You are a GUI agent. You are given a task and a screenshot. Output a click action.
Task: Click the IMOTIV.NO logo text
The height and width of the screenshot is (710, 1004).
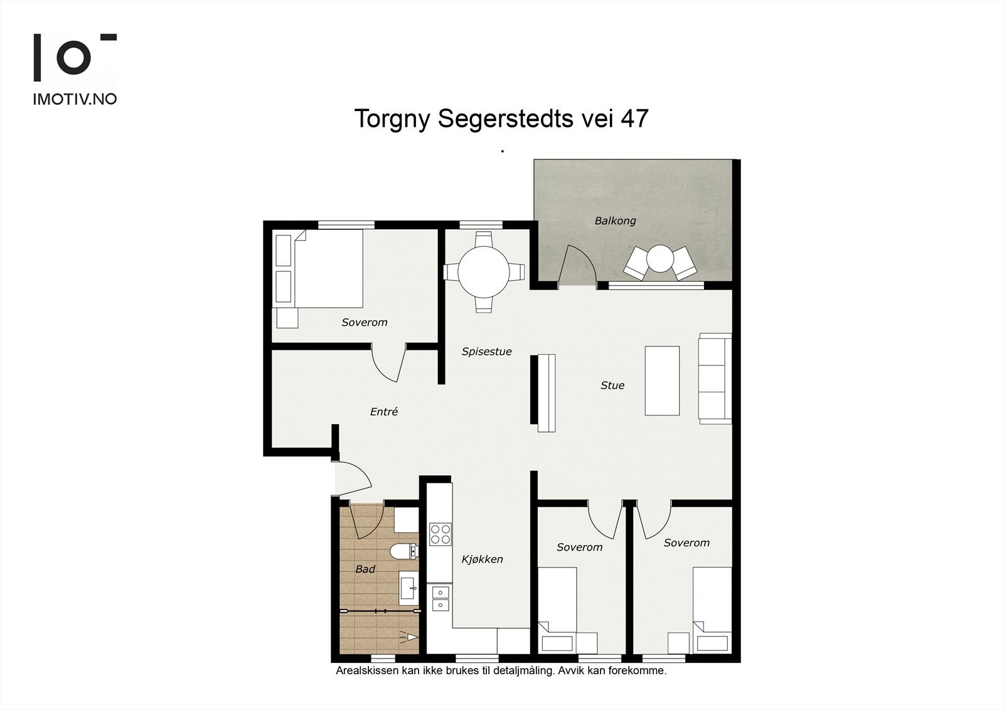tap(75, 99)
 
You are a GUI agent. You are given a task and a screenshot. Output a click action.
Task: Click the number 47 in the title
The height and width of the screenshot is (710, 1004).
tap(634, 119)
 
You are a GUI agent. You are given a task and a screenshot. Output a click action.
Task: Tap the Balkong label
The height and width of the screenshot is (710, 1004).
tap(615, 221)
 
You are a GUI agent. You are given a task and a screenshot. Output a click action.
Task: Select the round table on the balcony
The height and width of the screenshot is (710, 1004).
tap(660, 259)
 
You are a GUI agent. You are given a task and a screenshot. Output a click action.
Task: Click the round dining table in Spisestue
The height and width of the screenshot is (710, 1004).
tap(484, 272)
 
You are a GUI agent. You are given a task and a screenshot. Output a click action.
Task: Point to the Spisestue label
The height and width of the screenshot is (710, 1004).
tap(486, 352)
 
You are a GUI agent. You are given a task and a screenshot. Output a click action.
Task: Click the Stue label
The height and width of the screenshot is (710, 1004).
tap(612, 385)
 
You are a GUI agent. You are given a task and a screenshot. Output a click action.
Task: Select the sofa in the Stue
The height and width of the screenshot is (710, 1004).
tap(715, 378)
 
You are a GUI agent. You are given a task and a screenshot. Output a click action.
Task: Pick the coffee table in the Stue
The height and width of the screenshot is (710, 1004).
tap(662, 381)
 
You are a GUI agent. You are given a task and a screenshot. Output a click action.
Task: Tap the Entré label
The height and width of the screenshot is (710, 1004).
tap(383, 412)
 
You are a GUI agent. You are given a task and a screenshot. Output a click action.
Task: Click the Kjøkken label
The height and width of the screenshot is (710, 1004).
tap(483, 559)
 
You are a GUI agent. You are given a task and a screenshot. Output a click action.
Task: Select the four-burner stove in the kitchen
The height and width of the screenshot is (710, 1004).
tap(440, 534)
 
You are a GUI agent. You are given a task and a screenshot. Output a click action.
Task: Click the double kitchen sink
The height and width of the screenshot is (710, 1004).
tap(440, 599)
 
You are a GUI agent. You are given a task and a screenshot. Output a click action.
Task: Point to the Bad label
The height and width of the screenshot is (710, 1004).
tap(365, 569)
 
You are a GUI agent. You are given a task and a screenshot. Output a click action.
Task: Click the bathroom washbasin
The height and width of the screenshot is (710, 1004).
tap(409, 588)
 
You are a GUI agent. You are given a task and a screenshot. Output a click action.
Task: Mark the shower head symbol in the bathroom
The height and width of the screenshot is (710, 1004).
tap(410, 637)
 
